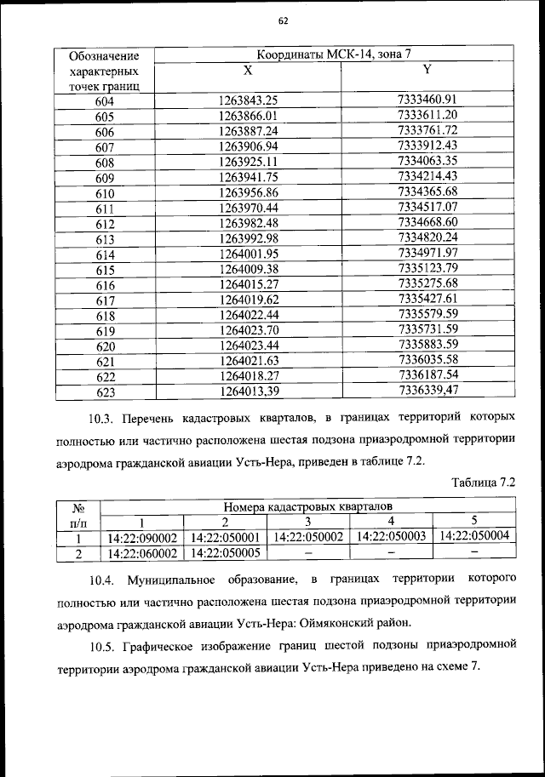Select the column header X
click(x=248, y=71)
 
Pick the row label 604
click(x=105, y=101)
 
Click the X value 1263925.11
click(x=249, y=162)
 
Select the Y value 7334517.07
click(x=427, y=208)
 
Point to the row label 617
click(x=105, y=300)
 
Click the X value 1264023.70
click(x=249, y=330)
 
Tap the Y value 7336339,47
click(x=427, y=391)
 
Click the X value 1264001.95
click(x=249, y=254)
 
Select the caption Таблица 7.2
click(x=484, y=482)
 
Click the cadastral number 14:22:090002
click(x=142, y=538)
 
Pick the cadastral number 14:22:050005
click(x=225, y=553)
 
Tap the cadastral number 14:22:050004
click(x=474, y=537)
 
